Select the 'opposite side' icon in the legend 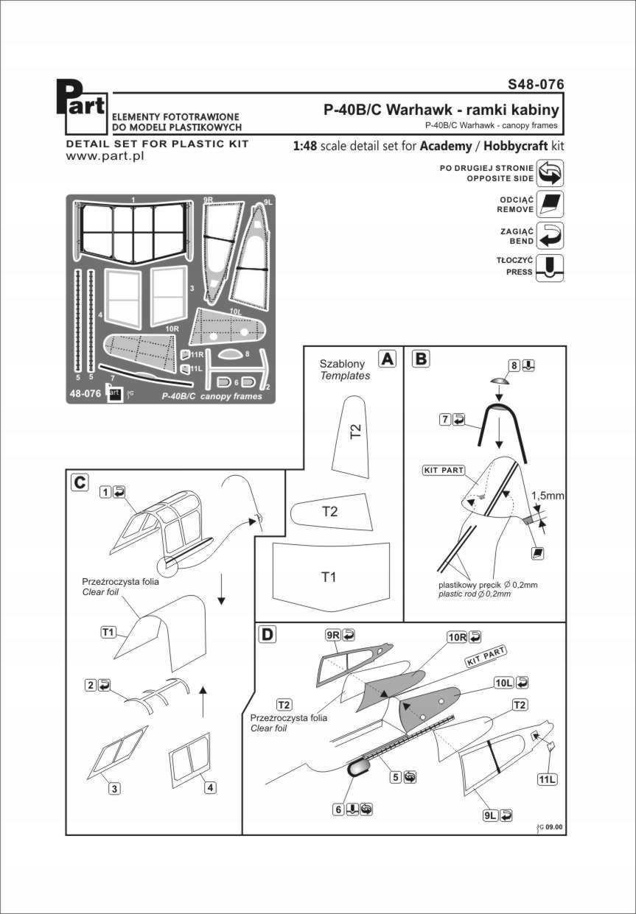(550, 172)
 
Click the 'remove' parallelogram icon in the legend (551, 204)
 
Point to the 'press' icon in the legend (551, 267)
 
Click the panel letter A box (386, 359)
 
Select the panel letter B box (420, 359)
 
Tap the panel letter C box (80, 482)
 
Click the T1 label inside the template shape (329, 577)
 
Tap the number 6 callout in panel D (338, 809)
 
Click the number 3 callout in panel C (114, 788)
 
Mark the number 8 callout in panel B (514, 365)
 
